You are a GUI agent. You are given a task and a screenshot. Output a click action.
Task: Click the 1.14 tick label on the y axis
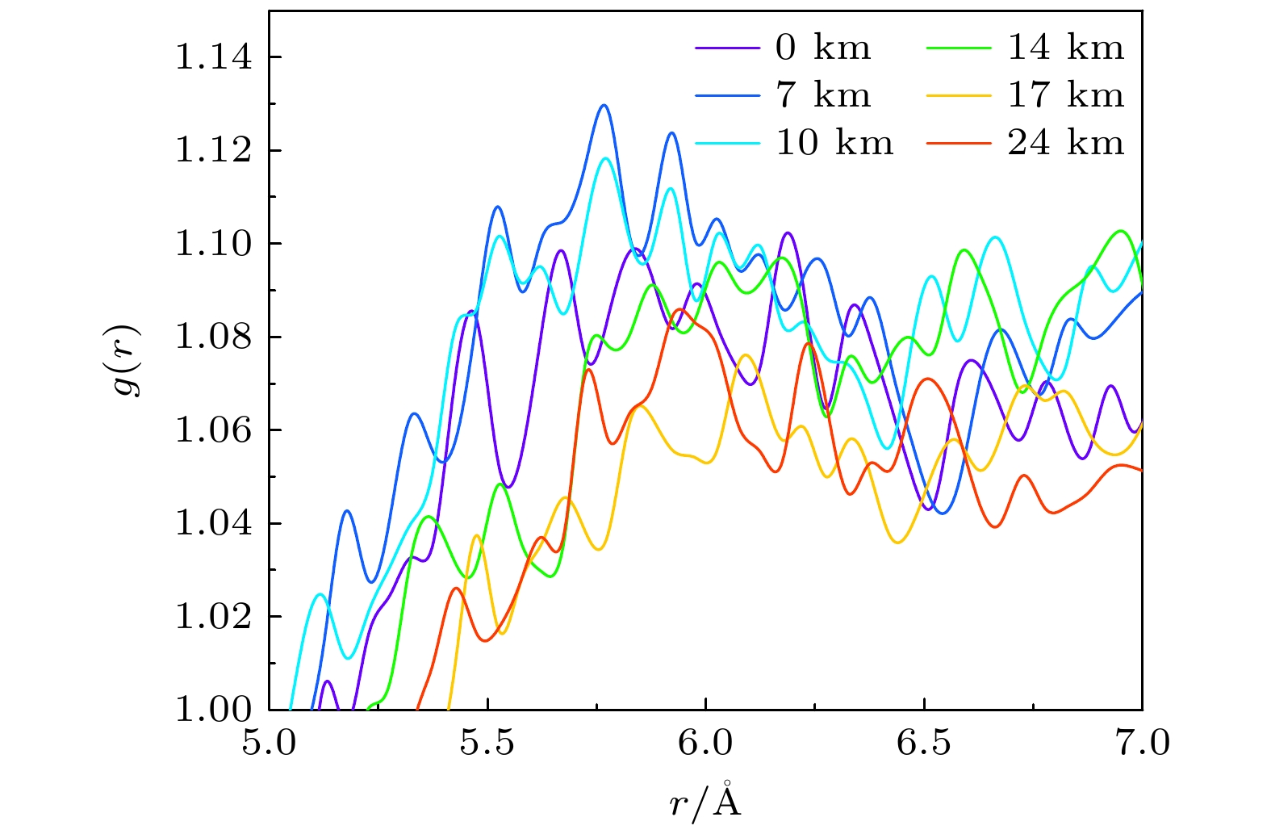point(214,58)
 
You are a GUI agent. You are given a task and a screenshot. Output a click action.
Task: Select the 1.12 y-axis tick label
point(214,151)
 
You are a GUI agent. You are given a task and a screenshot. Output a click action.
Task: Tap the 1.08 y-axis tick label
point(214,337)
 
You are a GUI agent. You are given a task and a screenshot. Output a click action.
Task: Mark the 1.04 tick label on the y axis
point(214,524)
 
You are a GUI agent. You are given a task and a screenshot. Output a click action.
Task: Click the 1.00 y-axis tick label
point(214,710)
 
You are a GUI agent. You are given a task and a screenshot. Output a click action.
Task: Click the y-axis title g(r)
point(127,361)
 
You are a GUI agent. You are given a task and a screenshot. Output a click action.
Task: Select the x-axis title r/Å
point(705,802)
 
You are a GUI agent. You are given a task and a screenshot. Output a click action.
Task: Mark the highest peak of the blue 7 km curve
point(603,105)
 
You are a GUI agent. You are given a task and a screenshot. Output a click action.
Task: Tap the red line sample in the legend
point(958,143)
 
